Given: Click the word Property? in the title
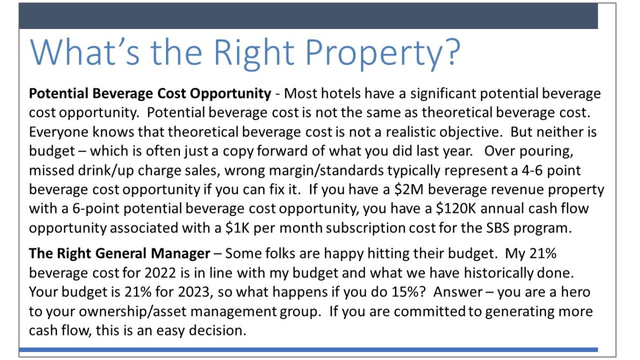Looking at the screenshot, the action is point(383,54).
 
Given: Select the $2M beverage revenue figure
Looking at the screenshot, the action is point(409,190).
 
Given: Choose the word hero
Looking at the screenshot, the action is point(576,292).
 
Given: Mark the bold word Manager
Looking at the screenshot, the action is point(181,254).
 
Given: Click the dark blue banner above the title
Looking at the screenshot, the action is point(308,16).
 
